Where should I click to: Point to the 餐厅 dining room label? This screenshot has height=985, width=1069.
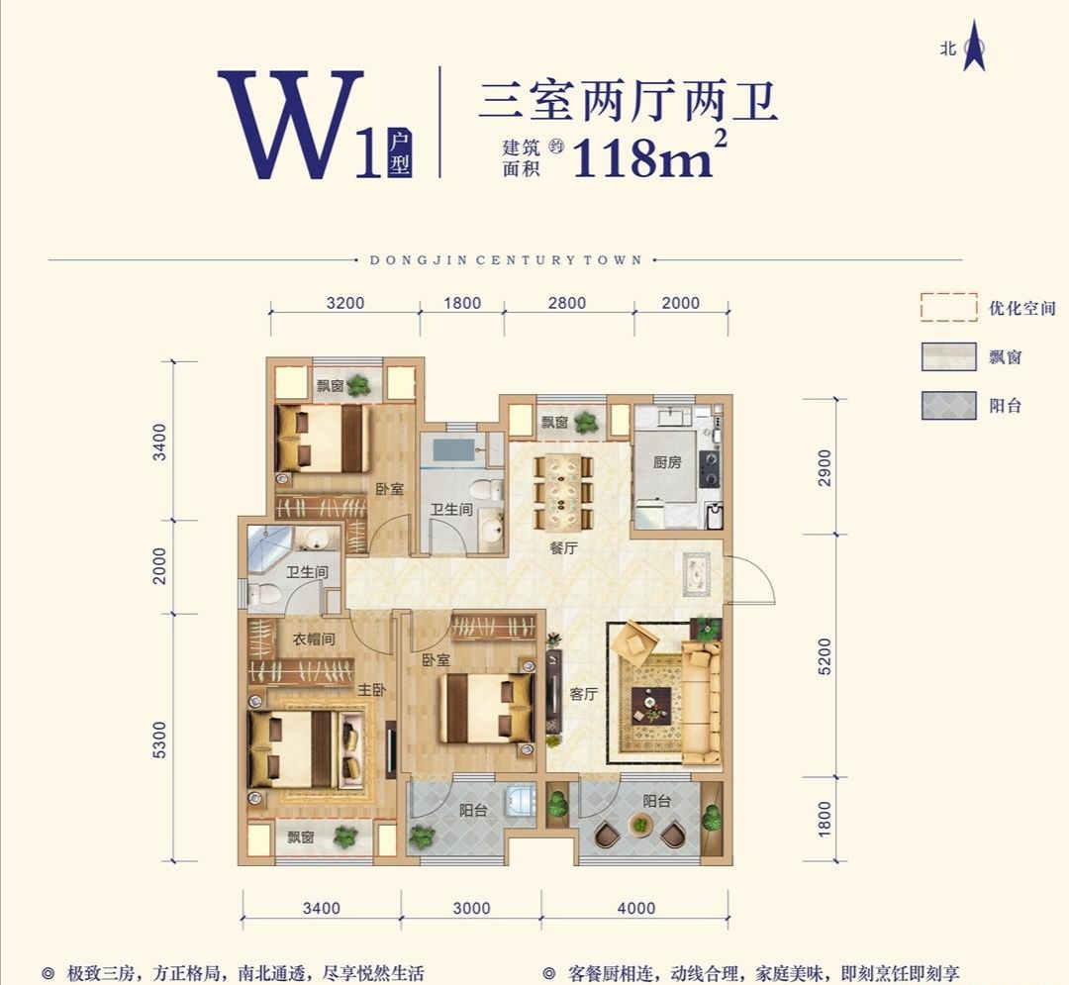[x=563, y=547]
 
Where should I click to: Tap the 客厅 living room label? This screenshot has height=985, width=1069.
[x=584, y=694]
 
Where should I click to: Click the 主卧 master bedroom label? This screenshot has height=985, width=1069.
[x=371, y=690]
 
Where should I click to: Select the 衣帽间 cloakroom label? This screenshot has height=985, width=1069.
[x=311, y=640]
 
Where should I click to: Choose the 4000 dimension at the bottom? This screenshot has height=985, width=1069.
[x=634, y=909]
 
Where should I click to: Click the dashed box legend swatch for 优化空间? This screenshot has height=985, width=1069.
[x=949, y=308]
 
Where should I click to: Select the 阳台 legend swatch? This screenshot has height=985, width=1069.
[x=949, y=405]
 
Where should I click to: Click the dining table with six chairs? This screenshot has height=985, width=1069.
[x=562, y=491]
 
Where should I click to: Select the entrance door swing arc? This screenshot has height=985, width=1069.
[x=752, y=579]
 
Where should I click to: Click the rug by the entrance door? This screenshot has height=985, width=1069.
[x=696, y=573]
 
